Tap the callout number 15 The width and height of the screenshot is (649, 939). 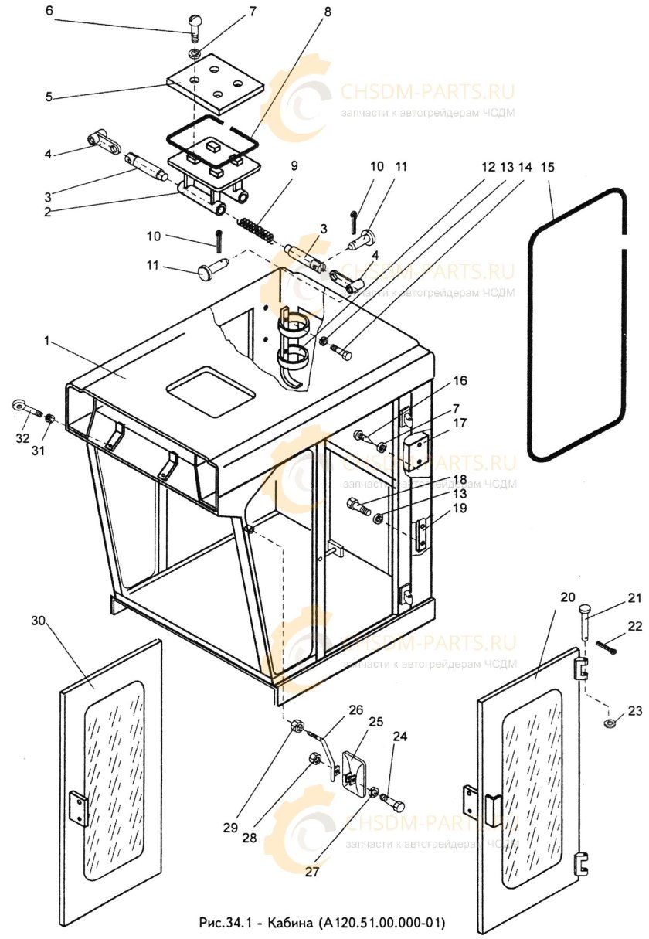547,167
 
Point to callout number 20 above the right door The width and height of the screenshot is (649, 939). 568,597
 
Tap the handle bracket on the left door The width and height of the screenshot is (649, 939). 78,808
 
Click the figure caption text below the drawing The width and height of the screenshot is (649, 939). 323,923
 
